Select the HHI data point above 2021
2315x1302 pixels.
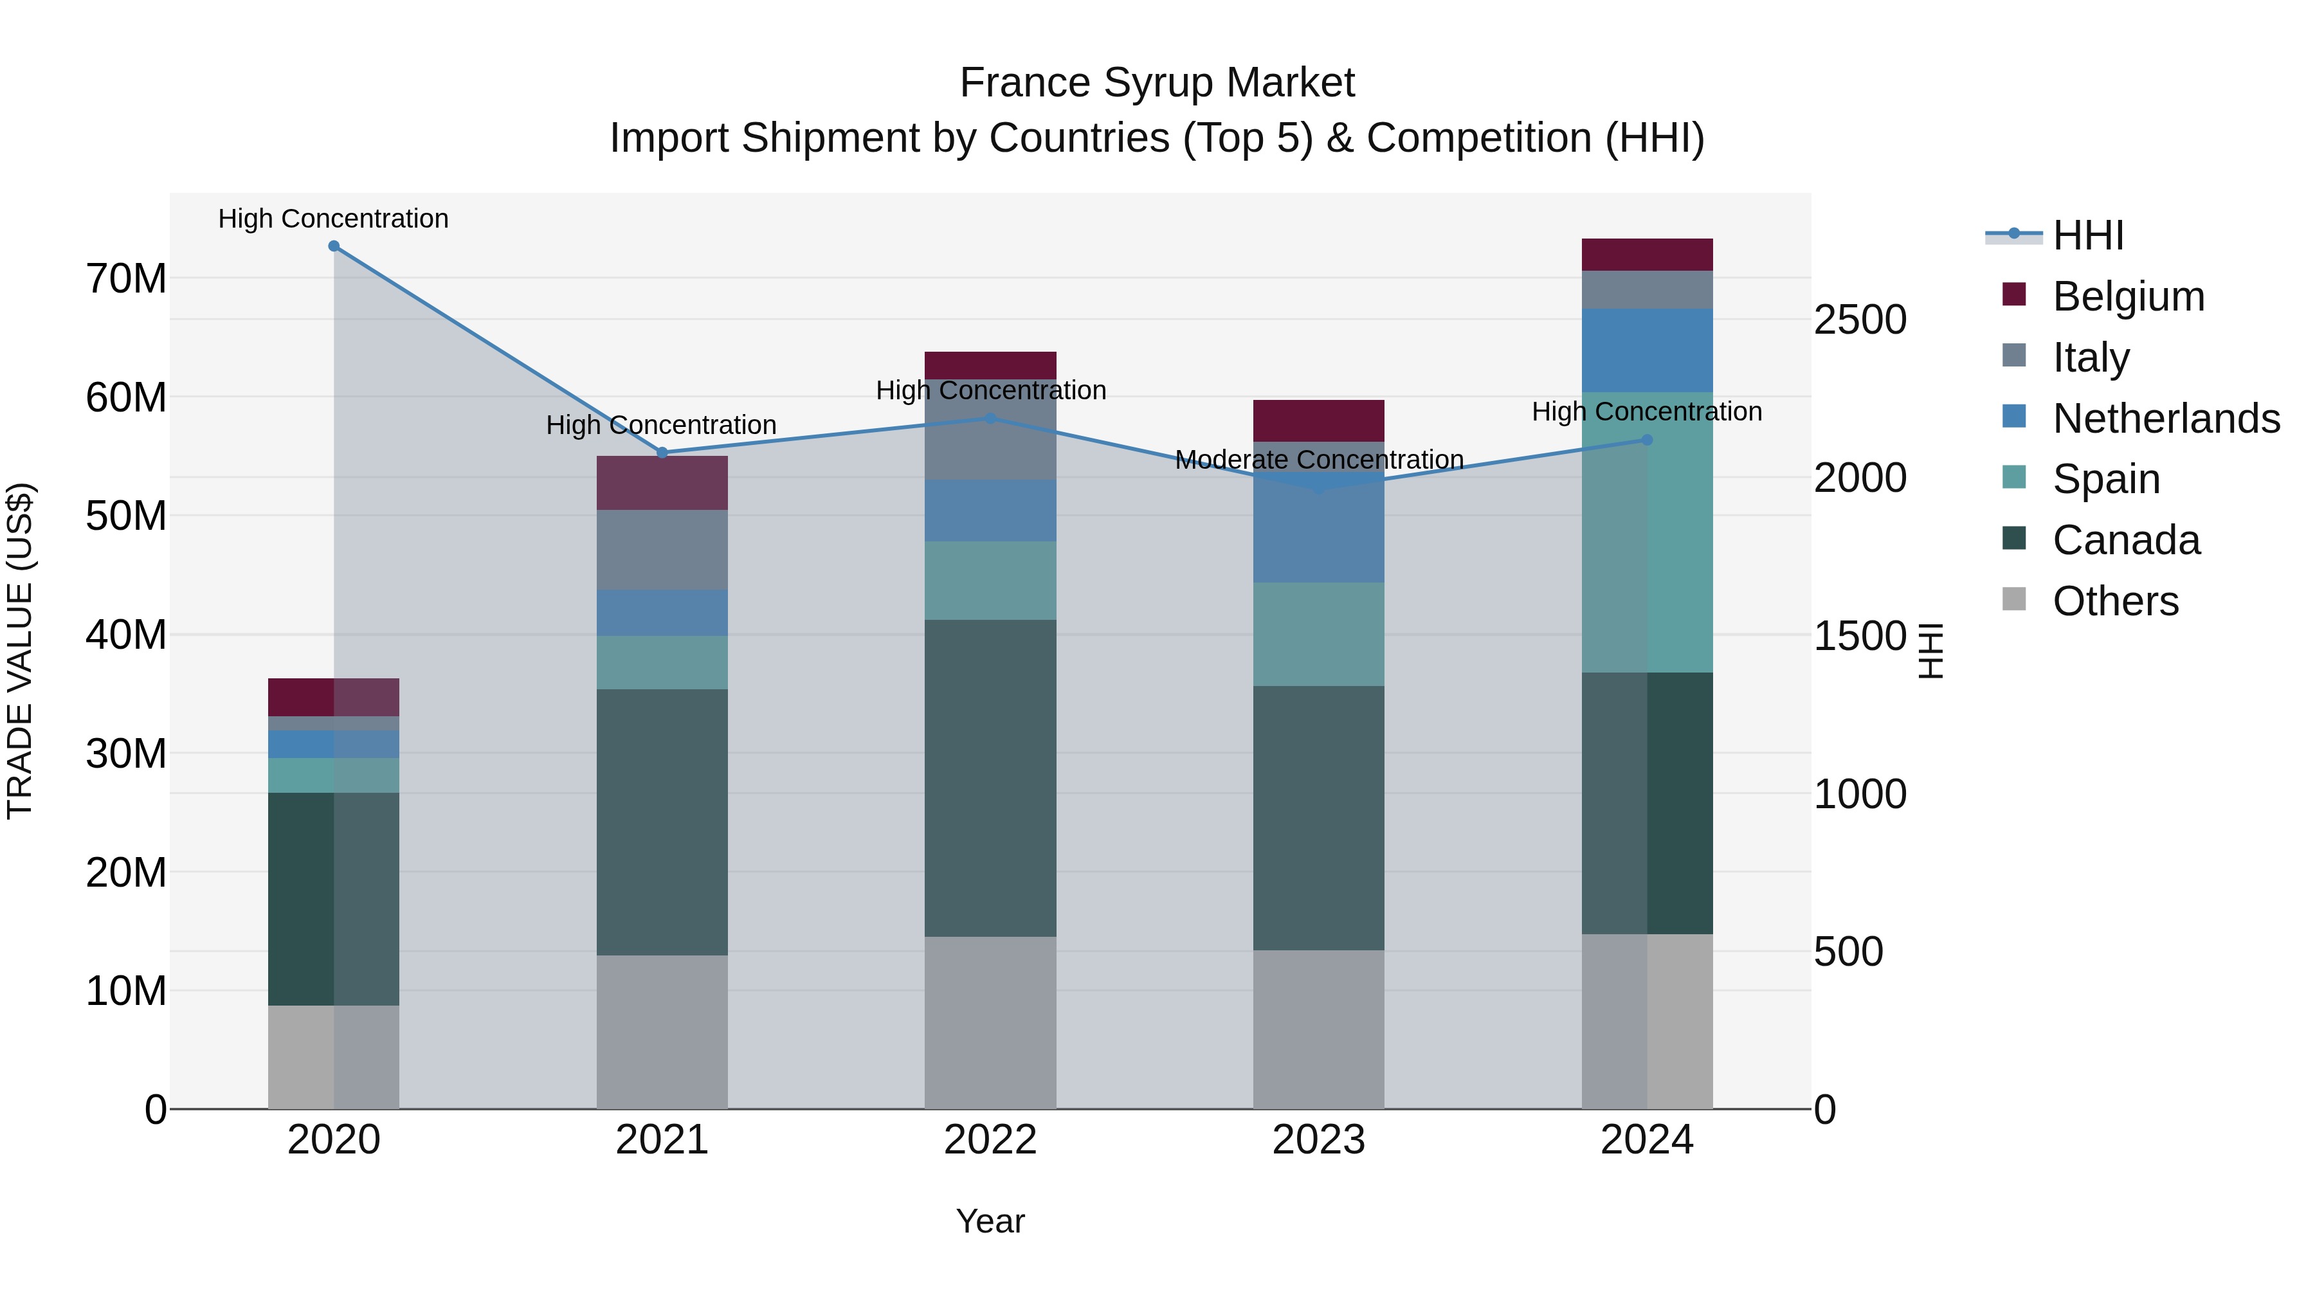662,453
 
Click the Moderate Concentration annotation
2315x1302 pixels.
1320,460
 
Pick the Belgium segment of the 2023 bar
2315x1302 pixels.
1318,420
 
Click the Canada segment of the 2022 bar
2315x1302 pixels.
990,778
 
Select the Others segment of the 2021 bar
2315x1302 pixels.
662,1031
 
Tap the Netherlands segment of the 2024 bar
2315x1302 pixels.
1648,350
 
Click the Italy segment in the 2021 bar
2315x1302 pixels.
662,550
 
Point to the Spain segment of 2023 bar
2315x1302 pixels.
1318,635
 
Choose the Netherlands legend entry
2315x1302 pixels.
2166,419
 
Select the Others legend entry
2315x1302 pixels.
2114,601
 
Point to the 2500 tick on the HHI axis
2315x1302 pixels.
1859,321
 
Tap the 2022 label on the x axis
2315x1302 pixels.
990,1140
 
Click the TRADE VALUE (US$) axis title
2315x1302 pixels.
21,651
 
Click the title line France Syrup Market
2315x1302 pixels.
1157,83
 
